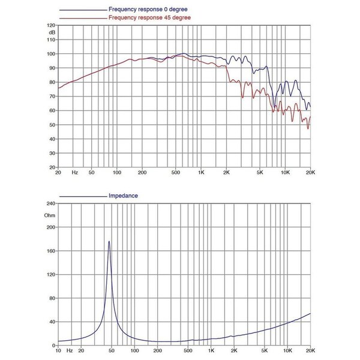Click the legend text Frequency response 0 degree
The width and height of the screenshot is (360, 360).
click(148, 10)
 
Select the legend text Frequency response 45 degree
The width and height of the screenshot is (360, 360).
click(149, 17)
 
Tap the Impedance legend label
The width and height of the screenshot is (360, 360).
click(123, 196)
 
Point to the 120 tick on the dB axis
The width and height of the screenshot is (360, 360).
click(51, 25)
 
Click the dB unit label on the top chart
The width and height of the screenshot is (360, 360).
click(52, 32)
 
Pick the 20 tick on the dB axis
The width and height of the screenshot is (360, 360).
click(52, 167)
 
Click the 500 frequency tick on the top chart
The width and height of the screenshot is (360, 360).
click(176, 172)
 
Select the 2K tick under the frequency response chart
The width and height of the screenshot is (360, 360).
click(226, 172)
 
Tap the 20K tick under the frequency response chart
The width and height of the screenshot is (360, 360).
click(310, 172)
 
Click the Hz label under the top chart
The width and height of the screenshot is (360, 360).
click(74, 172)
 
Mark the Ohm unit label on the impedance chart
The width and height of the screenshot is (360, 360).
click(50, 215)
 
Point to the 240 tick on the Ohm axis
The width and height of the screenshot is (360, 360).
click(51, 203)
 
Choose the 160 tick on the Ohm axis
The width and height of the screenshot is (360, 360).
click(51, 251)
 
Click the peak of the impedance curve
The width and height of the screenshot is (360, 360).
click(109, 241)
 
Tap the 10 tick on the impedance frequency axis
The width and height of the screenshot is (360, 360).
click(58, 350)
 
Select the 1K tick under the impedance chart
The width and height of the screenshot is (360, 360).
click(211, 350)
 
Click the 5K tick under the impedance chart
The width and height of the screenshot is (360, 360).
click(265, 350)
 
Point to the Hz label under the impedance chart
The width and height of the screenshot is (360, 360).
click(70, 350)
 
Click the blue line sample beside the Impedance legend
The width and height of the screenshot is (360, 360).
click(83, 197)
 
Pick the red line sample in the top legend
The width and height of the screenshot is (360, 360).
click(83, 19)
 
